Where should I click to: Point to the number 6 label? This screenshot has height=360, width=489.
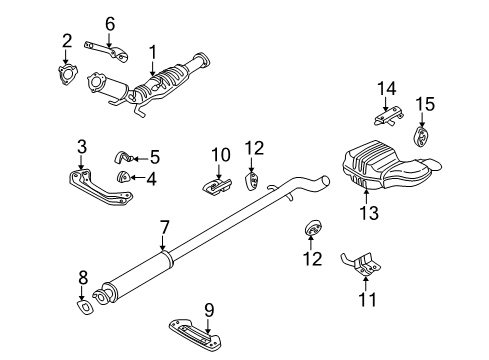click(111, 22)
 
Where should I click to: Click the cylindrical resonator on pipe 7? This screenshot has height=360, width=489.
click(143, 275)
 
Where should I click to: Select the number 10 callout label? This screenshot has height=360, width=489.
click(220, 155)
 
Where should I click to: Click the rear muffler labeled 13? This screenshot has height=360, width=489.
click(380, 165)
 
